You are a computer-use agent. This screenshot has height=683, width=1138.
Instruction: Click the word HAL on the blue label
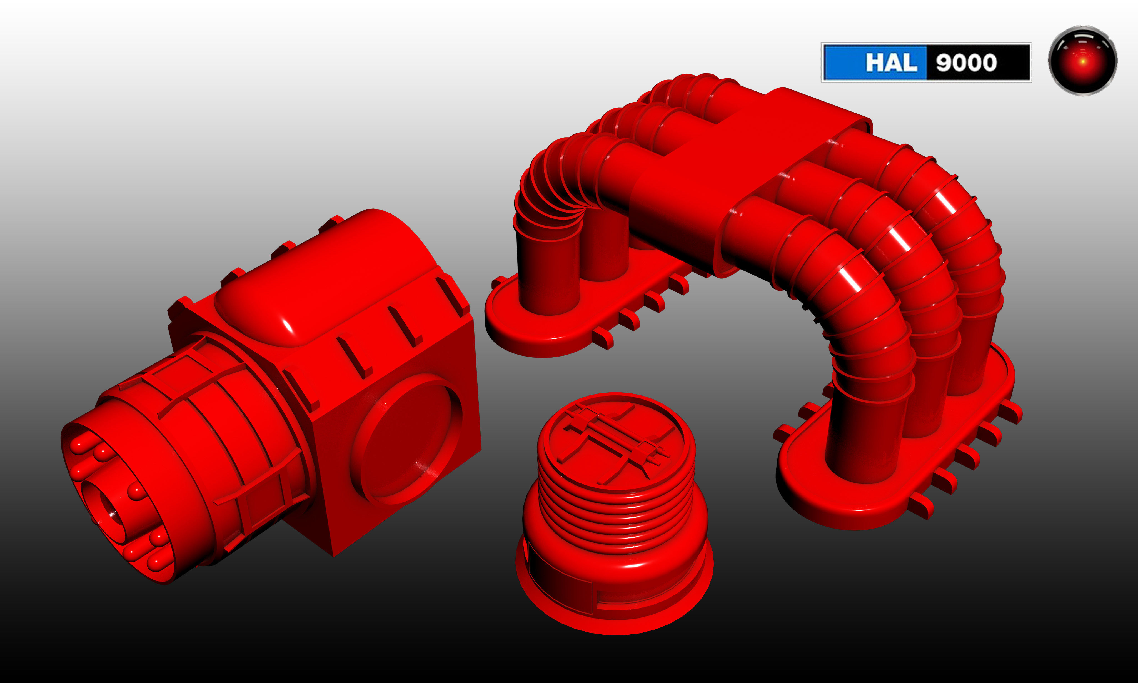891,63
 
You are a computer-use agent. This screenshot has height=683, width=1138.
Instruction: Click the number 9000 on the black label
966,63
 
